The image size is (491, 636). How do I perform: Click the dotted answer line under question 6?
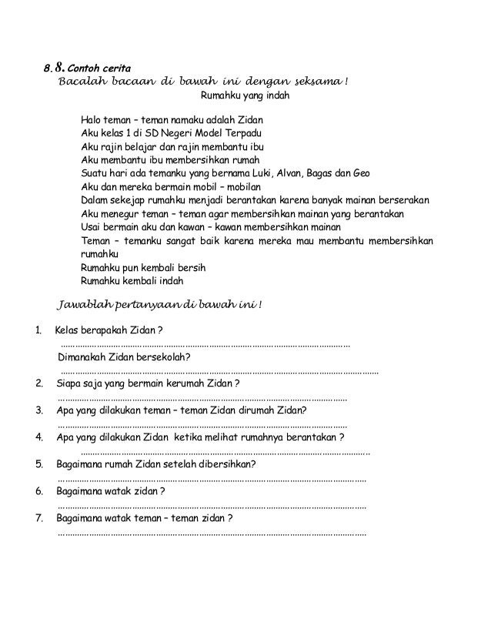click(212, 506)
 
